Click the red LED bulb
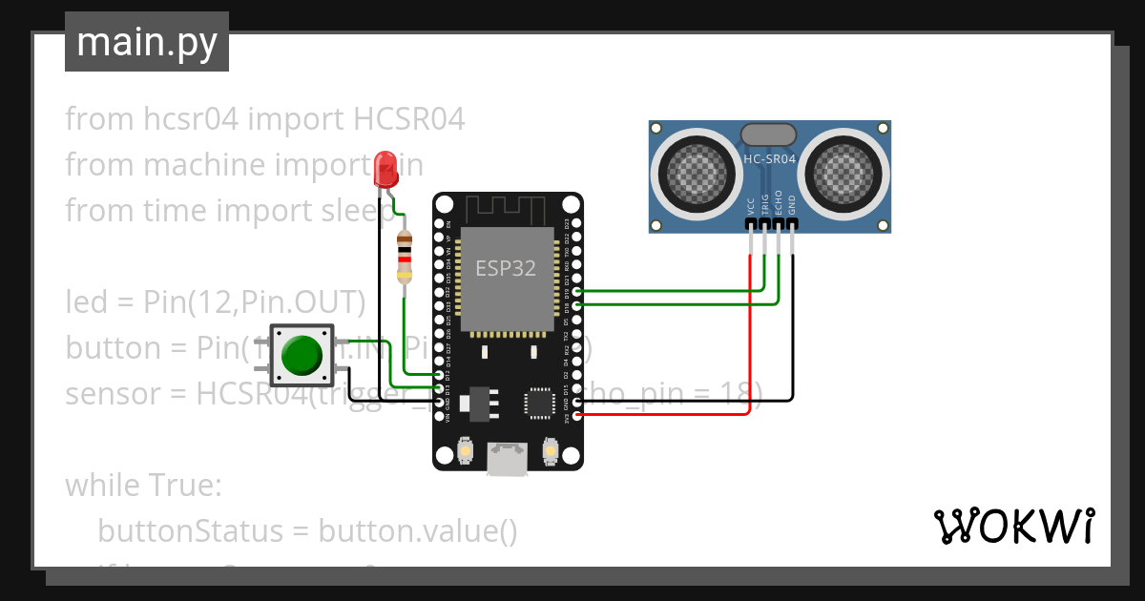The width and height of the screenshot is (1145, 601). tap(385, 168)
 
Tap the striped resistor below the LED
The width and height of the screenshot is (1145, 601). tap(405, 258)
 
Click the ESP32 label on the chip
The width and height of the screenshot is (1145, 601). tap(506, 268)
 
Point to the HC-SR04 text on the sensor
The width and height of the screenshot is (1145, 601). tap(769, 159)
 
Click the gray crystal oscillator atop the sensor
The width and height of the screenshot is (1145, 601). tap(769, 135)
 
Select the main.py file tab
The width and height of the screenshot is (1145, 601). tap(147, 42)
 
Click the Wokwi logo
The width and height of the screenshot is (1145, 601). tap(1013, 526)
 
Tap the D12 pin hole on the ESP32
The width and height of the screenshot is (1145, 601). tap(439, 376)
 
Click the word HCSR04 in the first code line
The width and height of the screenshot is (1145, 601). tap(409, 119)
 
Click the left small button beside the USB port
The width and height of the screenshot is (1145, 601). tap(465, 449)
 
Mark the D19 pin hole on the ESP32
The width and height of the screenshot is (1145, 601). tap(576, 292)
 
